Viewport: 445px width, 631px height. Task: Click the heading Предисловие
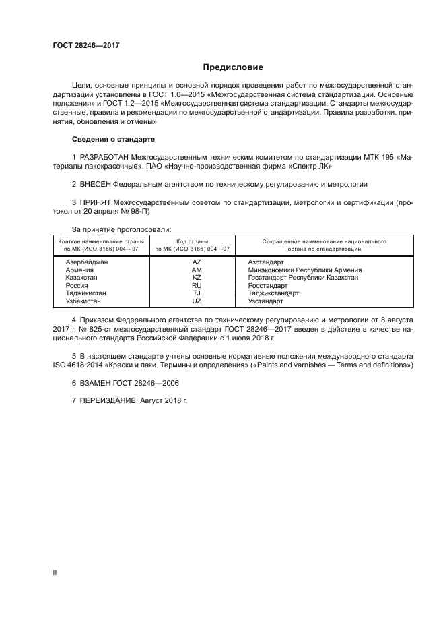(234, 67)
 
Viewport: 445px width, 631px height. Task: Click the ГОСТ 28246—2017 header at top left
(81, 45)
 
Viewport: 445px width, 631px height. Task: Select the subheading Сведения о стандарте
(113, 139)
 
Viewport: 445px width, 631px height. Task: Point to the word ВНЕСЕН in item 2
(96, 183)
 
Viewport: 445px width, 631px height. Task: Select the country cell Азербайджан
(87, 261)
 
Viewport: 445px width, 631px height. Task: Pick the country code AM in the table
(197, 269)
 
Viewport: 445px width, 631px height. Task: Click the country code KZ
(197, 277)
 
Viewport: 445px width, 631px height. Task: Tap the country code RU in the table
(197, 285)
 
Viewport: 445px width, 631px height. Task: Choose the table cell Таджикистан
(87, 293)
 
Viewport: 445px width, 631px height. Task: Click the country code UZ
(197, 301)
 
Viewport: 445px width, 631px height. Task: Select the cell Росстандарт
(267, 285)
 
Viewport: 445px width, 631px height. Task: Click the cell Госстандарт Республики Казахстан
(303, 277)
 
